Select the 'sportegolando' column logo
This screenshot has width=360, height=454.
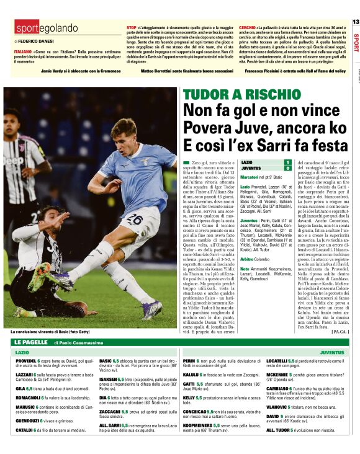point(47,29)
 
